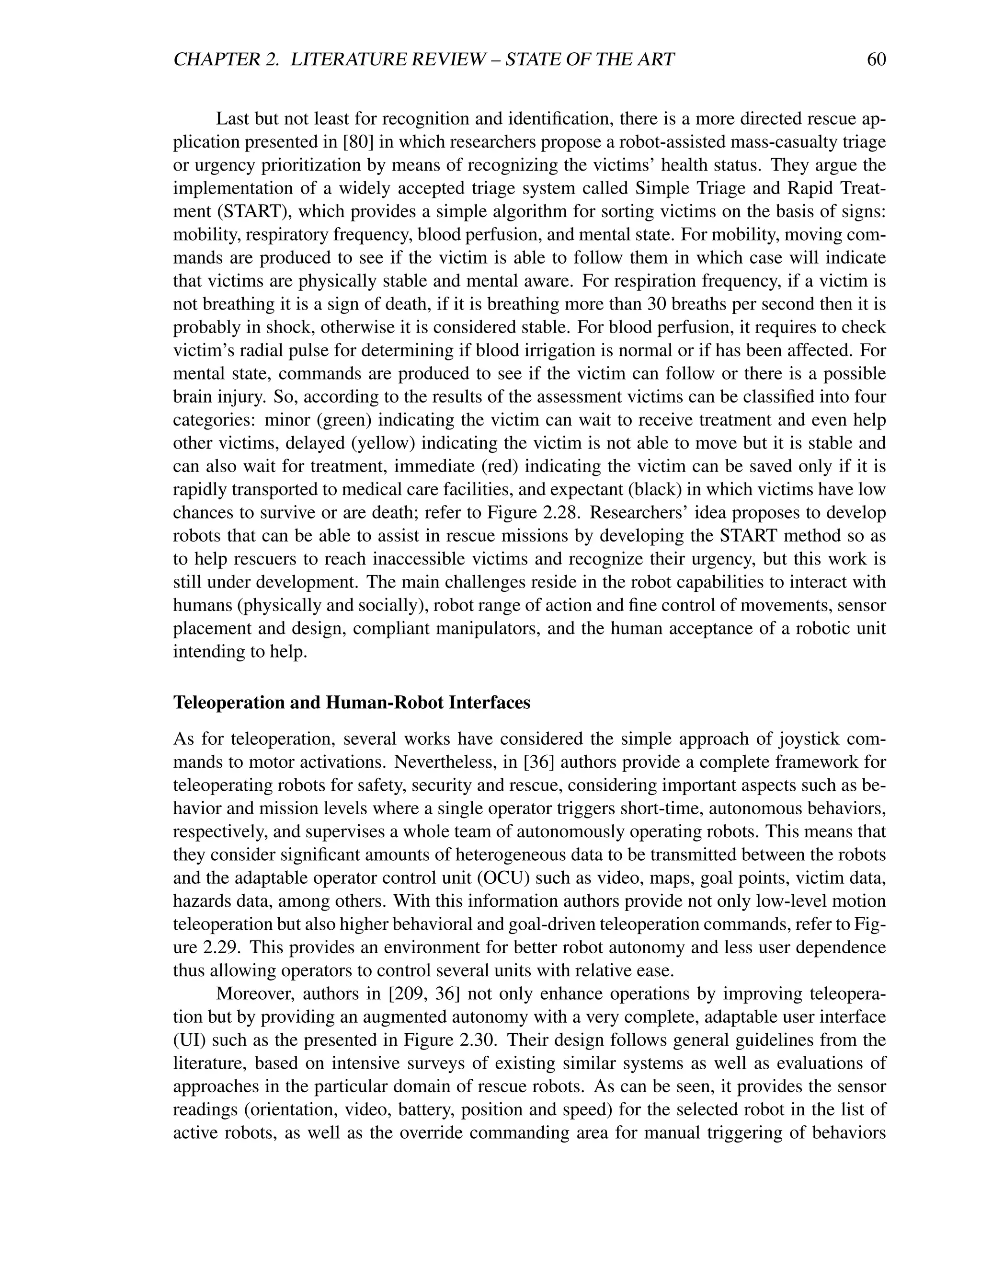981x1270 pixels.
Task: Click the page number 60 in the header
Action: [x=876, y=59]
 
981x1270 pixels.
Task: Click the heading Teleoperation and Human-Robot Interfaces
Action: [x=352, y=703]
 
